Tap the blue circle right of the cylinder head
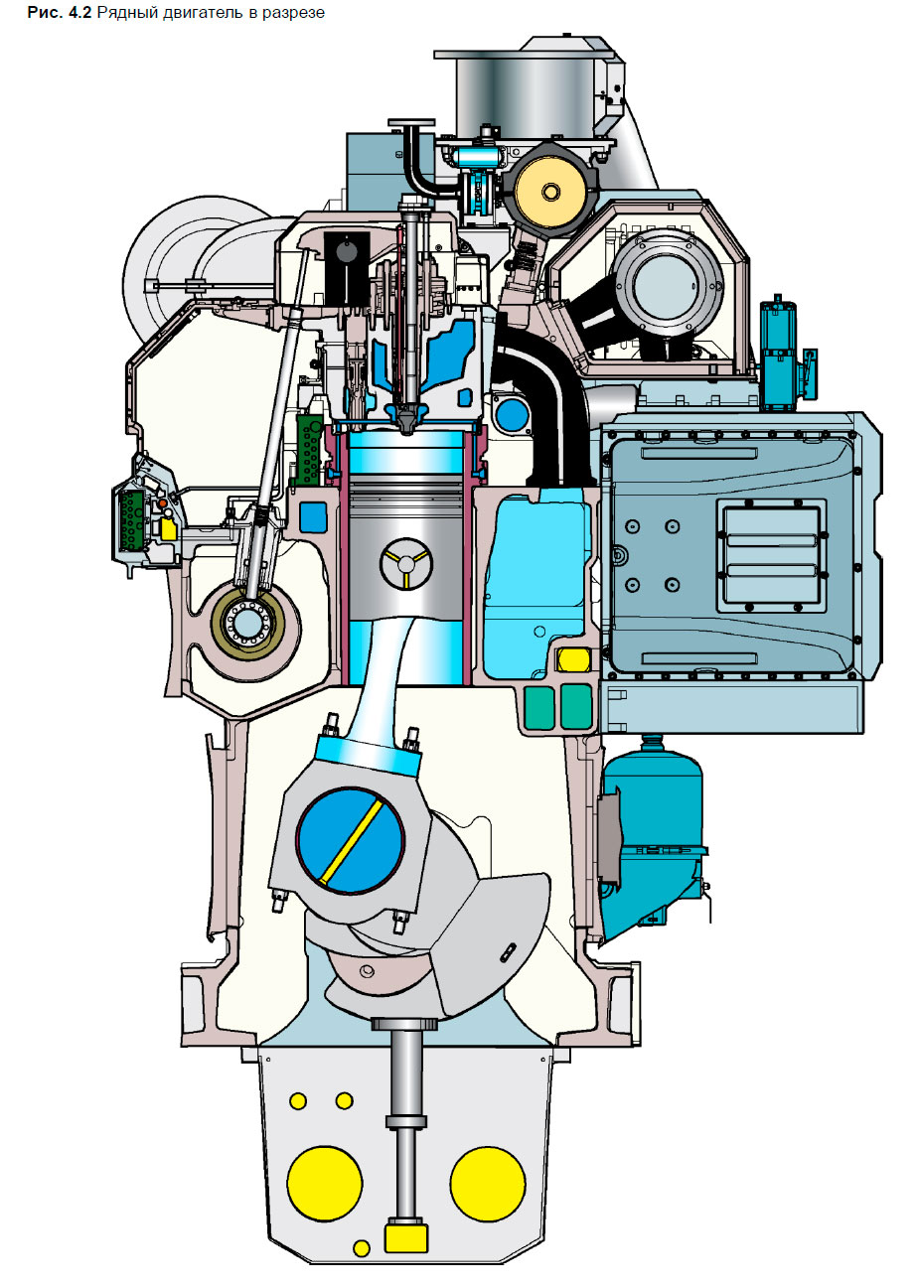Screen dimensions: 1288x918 click(x=512, y=415)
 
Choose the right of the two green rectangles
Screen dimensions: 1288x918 click(x=575, y=706)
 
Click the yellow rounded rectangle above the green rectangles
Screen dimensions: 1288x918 click(x=572, y=659)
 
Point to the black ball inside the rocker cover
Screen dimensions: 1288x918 click(x=347, y=252)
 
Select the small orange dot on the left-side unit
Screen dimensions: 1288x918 click(x=162, y=503)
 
